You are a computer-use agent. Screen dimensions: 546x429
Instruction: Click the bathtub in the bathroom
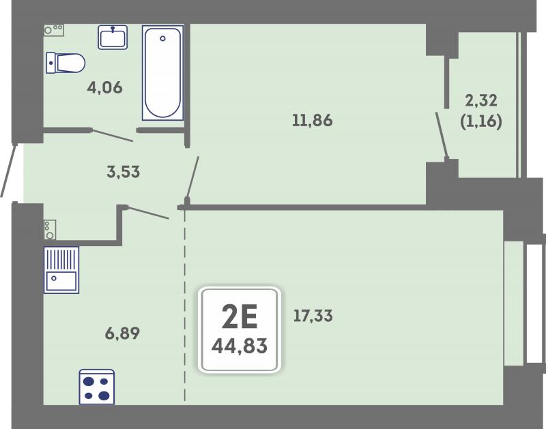point(162,73)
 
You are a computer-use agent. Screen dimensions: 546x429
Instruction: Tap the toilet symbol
point(66,63)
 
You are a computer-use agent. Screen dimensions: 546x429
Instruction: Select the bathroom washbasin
point(113,37)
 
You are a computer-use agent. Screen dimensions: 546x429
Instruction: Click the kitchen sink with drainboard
point(61,270)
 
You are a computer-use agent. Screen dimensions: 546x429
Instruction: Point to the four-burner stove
point(97,387)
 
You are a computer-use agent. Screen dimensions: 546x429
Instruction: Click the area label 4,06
point(105,87)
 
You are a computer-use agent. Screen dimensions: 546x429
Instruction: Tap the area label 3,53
point(124,172)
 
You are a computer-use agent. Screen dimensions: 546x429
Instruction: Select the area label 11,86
point(313,121)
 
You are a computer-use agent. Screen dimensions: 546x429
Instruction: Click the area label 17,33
point(313,316)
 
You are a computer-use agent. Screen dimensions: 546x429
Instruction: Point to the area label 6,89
point(122,334)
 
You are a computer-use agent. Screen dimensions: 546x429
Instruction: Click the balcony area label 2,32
point(481,100)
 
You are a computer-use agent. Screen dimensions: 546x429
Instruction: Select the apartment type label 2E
point(240,316)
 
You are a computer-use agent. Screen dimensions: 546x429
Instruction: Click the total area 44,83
point(240,346)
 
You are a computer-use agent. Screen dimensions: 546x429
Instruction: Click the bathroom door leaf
point(112,136)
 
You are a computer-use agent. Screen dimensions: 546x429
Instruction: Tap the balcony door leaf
point(442,135)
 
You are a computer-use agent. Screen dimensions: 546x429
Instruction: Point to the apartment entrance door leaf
point(8,170)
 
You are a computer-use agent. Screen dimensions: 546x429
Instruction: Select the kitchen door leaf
point(148,213)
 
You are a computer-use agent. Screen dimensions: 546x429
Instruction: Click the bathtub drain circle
point(162,39)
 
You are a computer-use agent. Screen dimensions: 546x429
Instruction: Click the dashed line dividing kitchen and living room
point(184,306)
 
